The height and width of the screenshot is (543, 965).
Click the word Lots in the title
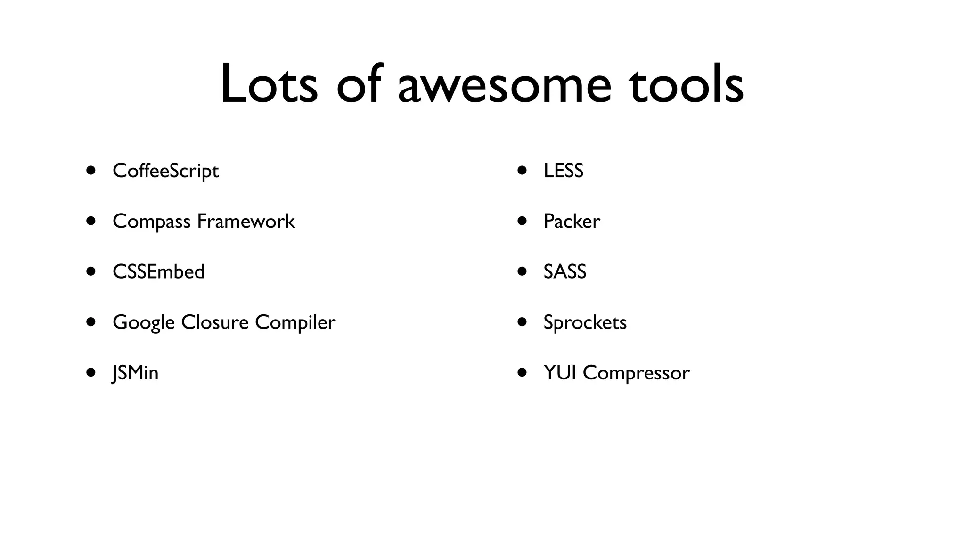pos(269,85)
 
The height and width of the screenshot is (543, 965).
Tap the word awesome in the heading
pos(504,87)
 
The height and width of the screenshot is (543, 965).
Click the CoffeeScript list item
pos(165,171)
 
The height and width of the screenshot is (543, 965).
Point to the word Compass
pos(151,222)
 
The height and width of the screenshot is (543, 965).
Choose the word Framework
pos(246,221)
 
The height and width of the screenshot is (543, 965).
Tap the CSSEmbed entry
pos(158,272)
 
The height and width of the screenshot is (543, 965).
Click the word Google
pos(144,323)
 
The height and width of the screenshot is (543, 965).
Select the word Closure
pos(214,322)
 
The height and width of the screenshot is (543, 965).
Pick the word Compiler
pos(295,323)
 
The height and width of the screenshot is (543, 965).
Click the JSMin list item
pos(135,373)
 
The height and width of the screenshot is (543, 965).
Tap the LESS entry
pos(563,171)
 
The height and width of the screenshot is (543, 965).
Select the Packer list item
pos(572,222)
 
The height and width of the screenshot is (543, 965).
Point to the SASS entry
pos(564,272)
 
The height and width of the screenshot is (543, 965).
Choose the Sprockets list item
pos(585,323)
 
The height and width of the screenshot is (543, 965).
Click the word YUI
pos(560,373)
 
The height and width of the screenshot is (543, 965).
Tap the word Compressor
pos(636,373)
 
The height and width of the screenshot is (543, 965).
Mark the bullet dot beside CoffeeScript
pos(91,170)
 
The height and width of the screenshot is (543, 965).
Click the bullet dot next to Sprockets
pos(522,322)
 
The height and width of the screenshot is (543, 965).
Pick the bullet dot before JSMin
pos(91,372)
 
